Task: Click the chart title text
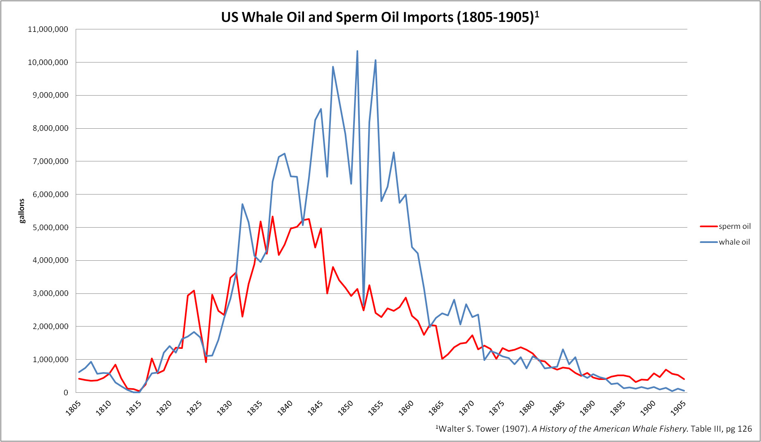(x=380, y=17)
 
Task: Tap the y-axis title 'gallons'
(x=22, y=211)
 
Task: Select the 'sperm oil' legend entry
(x=735, y=226)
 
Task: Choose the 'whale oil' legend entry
(x=734, y=242)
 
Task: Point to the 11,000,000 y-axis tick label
(x=48, y=29)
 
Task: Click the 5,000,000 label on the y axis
(x=50, y=228)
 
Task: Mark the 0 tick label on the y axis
(x=66, y=393)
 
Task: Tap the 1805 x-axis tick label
(x=73, y=408)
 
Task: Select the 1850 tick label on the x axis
(x=346, y=408)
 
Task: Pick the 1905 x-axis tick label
(x=679, y=408)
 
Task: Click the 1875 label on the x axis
(x=497, y=408)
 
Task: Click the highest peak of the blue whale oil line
(x=357, y=51)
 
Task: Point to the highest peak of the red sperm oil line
(x=273, y=216)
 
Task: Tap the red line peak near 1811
(x=115, y=365)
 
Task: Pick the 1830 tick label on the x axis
(x=225, y=408)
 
